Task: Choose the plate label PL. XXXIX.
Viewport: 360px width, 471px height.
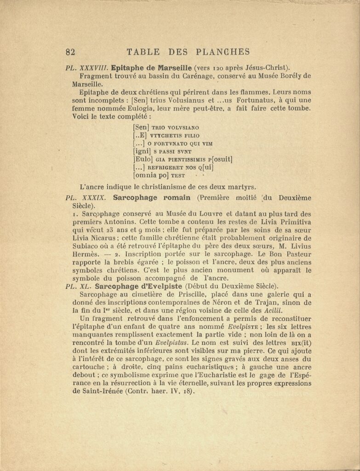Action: (86, 198)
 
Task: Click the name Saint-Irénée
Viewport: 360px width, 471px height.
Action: (97, 392)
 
